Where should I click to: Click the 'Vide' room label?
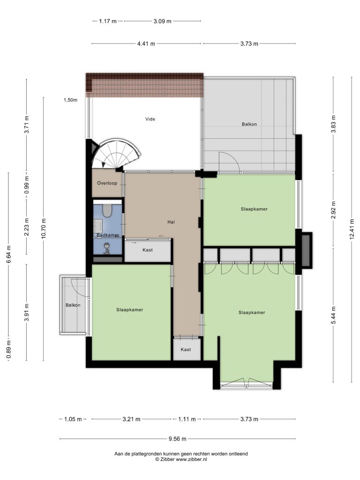point(150,119)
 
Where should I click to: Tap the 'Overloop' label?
point(107,183)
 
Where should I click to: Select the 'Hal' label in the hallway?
point(171,222)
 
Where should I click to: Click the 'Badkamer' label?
point(107,235)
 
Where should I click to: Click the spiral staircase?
point(116,154)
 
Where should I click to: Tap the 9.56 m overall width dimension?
point(178,439)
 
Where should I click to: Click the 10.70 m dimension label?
point(44,228)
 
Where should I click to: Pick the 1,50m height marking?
point(70,100)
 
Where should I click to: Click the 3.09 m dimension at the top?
point(162,21)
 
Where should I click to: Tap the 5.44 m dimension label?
point(334,315)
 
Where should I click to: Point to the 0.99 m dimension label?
point(27,185)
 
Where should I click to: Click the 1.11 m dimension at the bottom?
point(187,419)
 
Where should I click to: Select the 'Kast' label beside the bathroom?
point(148,250)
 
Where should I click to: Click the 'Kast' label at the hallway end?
point(186,349)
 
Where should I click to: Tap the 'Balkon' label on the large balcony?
point(249,124)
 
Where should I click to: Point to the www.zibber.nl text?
point(191,459)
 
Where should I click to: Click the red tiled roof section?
point(144,85)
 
